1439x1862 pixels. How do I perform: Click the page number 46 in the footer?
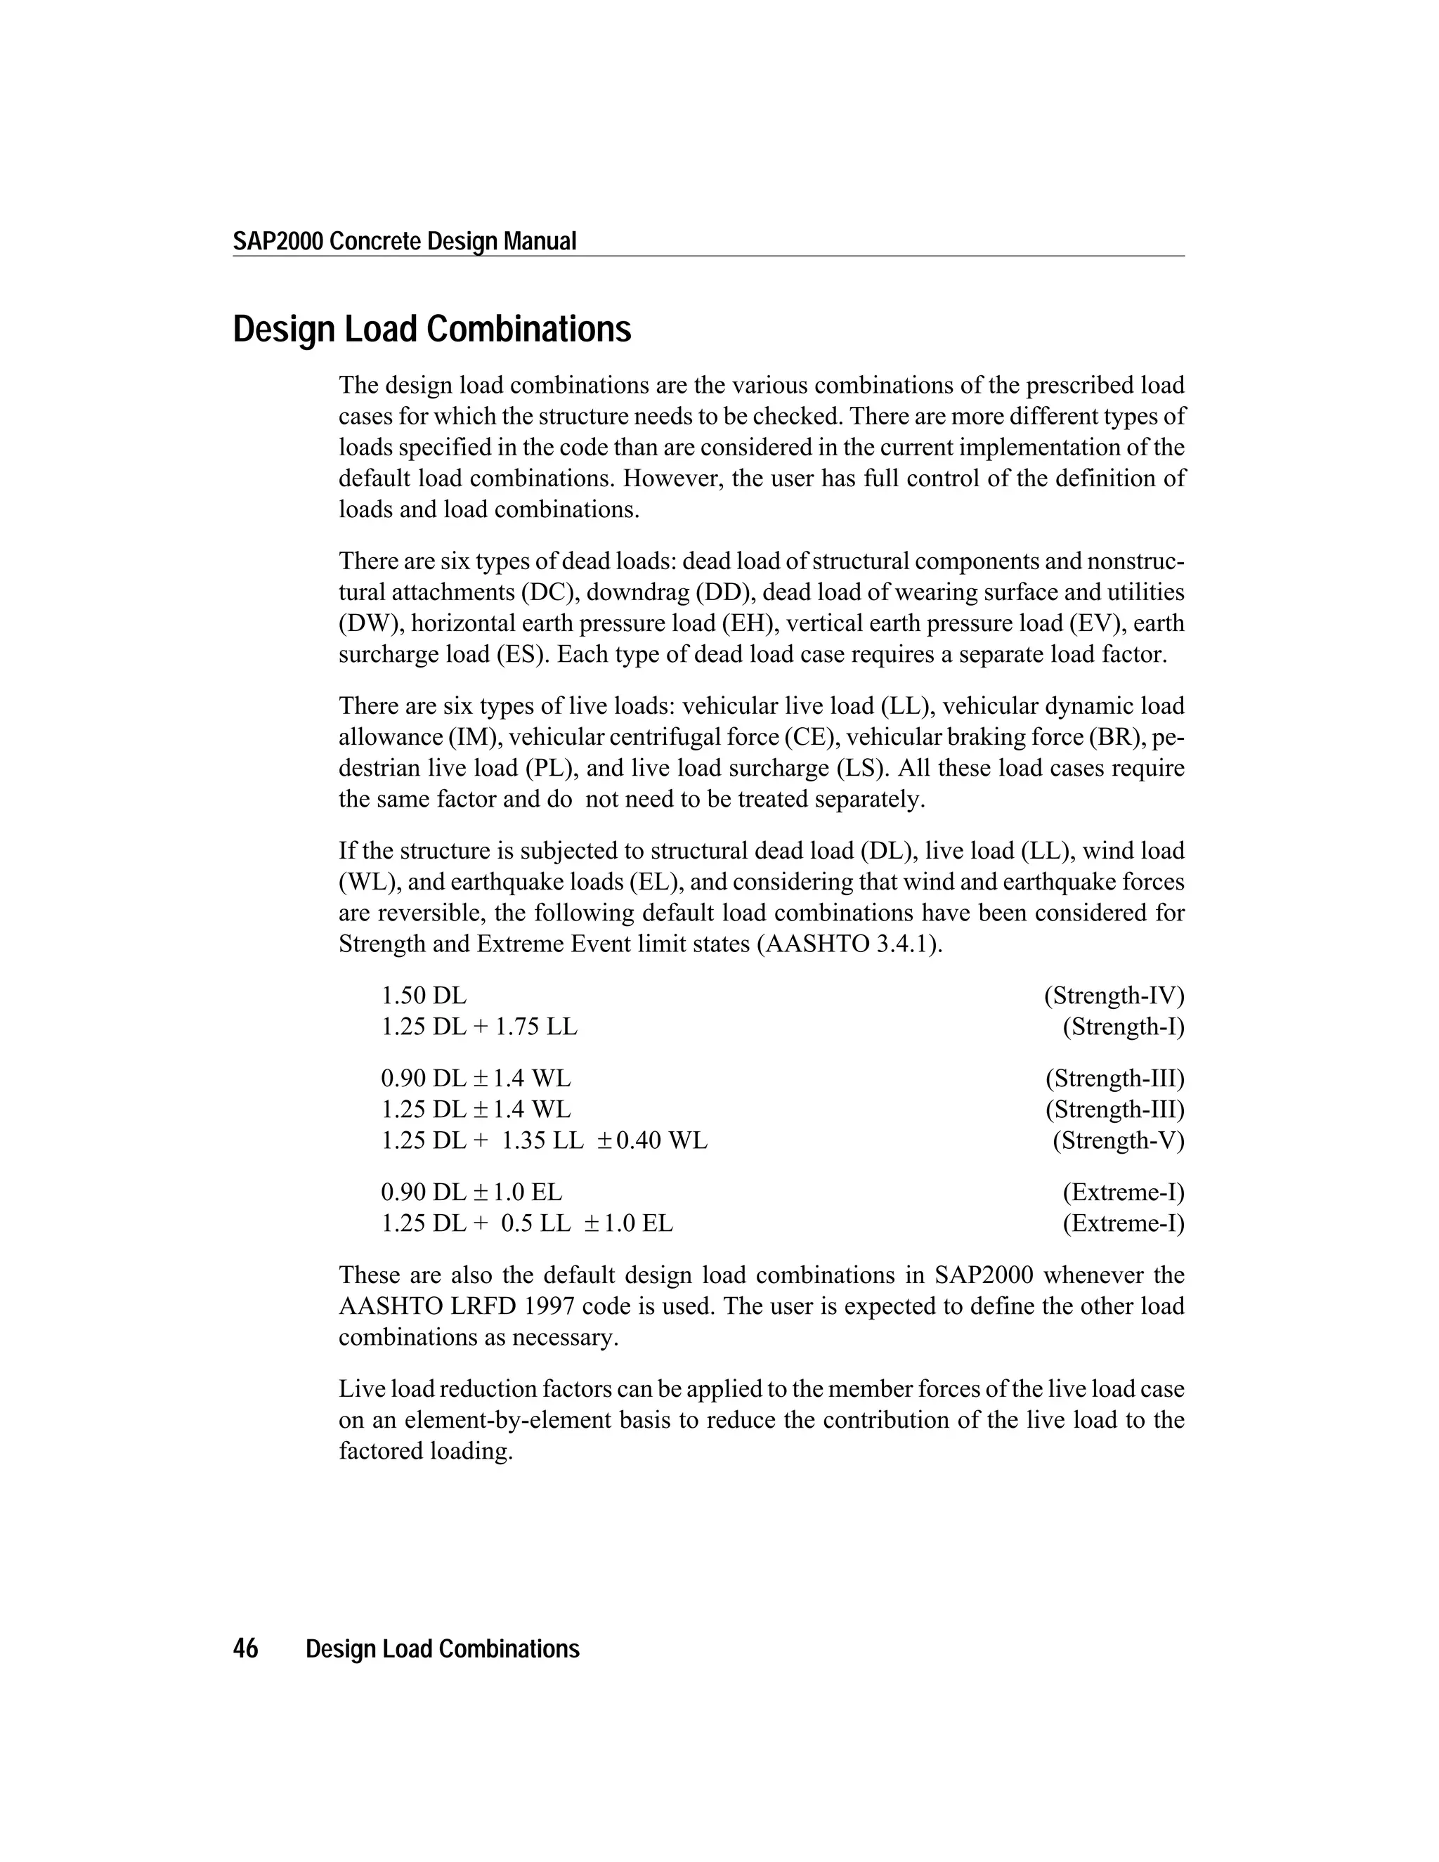pyautogui.click(x=245, y=1649)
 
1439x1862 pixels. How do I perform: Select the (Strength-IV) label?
pyautogui.click(x=1114, y=995)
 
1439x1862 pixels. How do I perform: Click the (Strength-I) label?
pyautogui.click(x=1123, y=1027)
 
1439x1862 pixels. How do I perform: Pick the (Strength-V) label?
pyautogui.click(x=1118, y=1140)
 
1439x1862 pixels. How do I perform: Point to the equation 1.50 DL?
pyautogui.click(x=424, y=995)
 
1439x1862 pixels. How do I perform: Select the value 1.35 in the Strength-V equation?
pyautogui.click(x=524, y=1140)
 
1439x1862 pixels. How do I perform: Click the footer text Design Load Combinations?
pyautogui.click(x=443, y=1649)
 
